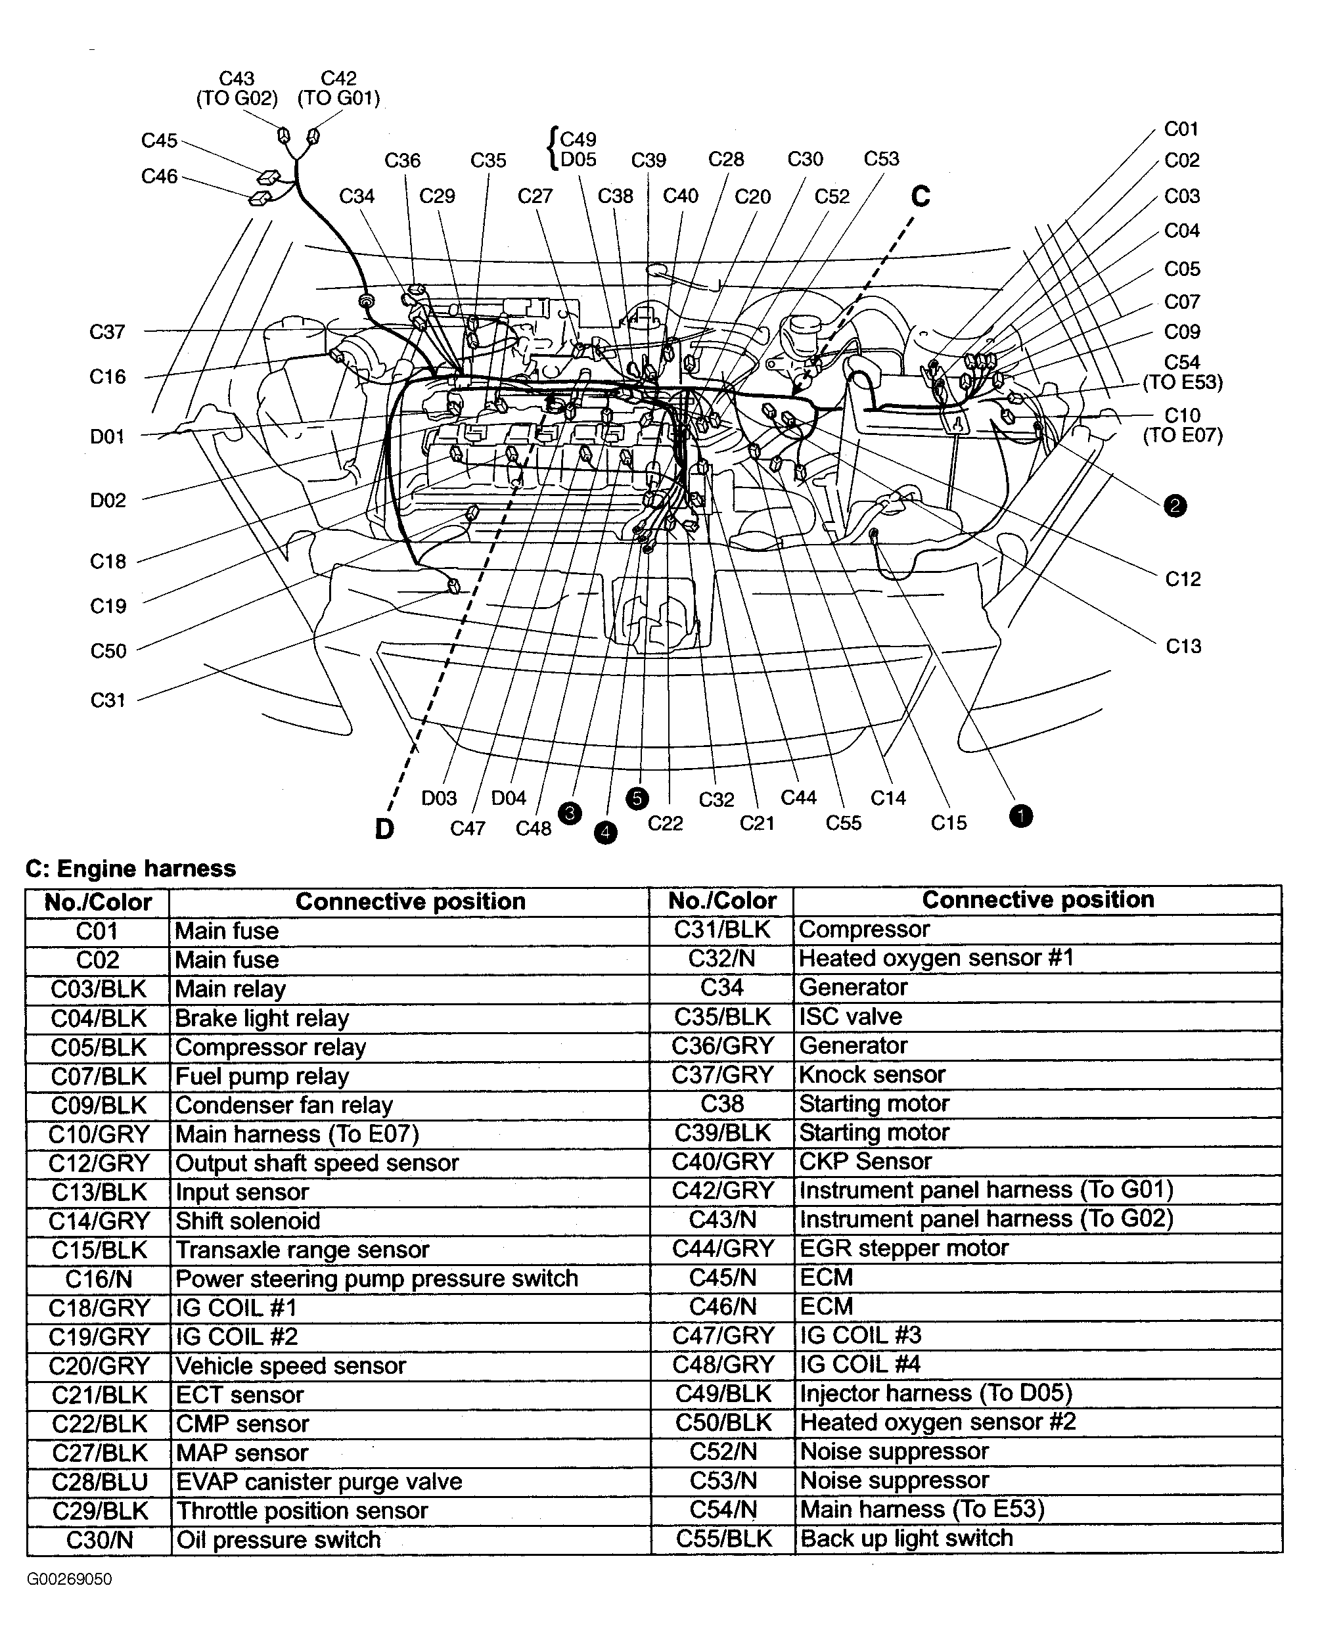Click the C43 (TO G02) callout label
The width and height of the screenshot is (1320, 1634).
pyautogui.click(x=237, y=88)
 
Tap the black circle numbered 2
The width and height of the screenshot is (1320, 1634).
pyautogui.click(x=1175, y=506)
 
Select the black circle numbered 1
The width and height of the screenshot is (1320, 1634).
pyautogui.click(x=1020, y=816)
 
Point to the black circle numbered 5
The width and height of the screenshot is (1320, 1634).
pyautogui.click(x=637, y=798)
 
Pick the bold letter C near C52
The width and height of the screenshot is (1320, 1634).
pyautogui.click(x=920, y=197)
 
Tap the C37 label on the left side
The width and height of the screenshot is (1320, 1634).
pyautogui.click(x=106, y=332)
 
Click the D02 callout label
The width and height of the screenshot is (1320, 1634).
pyautogui.click(x=107, y=500)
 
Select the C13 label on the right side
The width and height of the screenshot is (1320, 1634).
pyautogui.click(x=1183, y=647)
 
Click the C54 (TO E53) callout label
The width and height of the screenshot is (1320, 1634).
pyautogui.click(x=1183, y=373)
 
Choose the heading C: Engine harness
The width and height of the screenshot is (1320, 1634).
pyautogui.click(x=131, y=869)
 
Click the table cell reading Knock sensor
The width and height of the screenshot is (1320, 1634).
pyautogui.click(x=871, y=1074)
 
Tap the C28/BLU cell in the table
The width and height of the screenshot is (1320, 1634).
pyautogui.click(x=99, y=1482)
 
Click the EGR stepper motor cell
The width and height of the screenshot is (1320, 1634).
pyautogui.click(x=903, y=1248)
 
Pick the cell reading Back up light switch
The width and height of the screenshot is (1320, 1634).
pyautogui.click(x=906, y=1538)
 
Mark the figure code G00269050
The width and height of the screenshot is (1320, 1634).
pyautogui.click(x=69, y=1579)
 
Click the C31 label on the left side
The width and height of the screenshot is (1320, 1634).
pyautogui.click(x=107, y=700)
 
